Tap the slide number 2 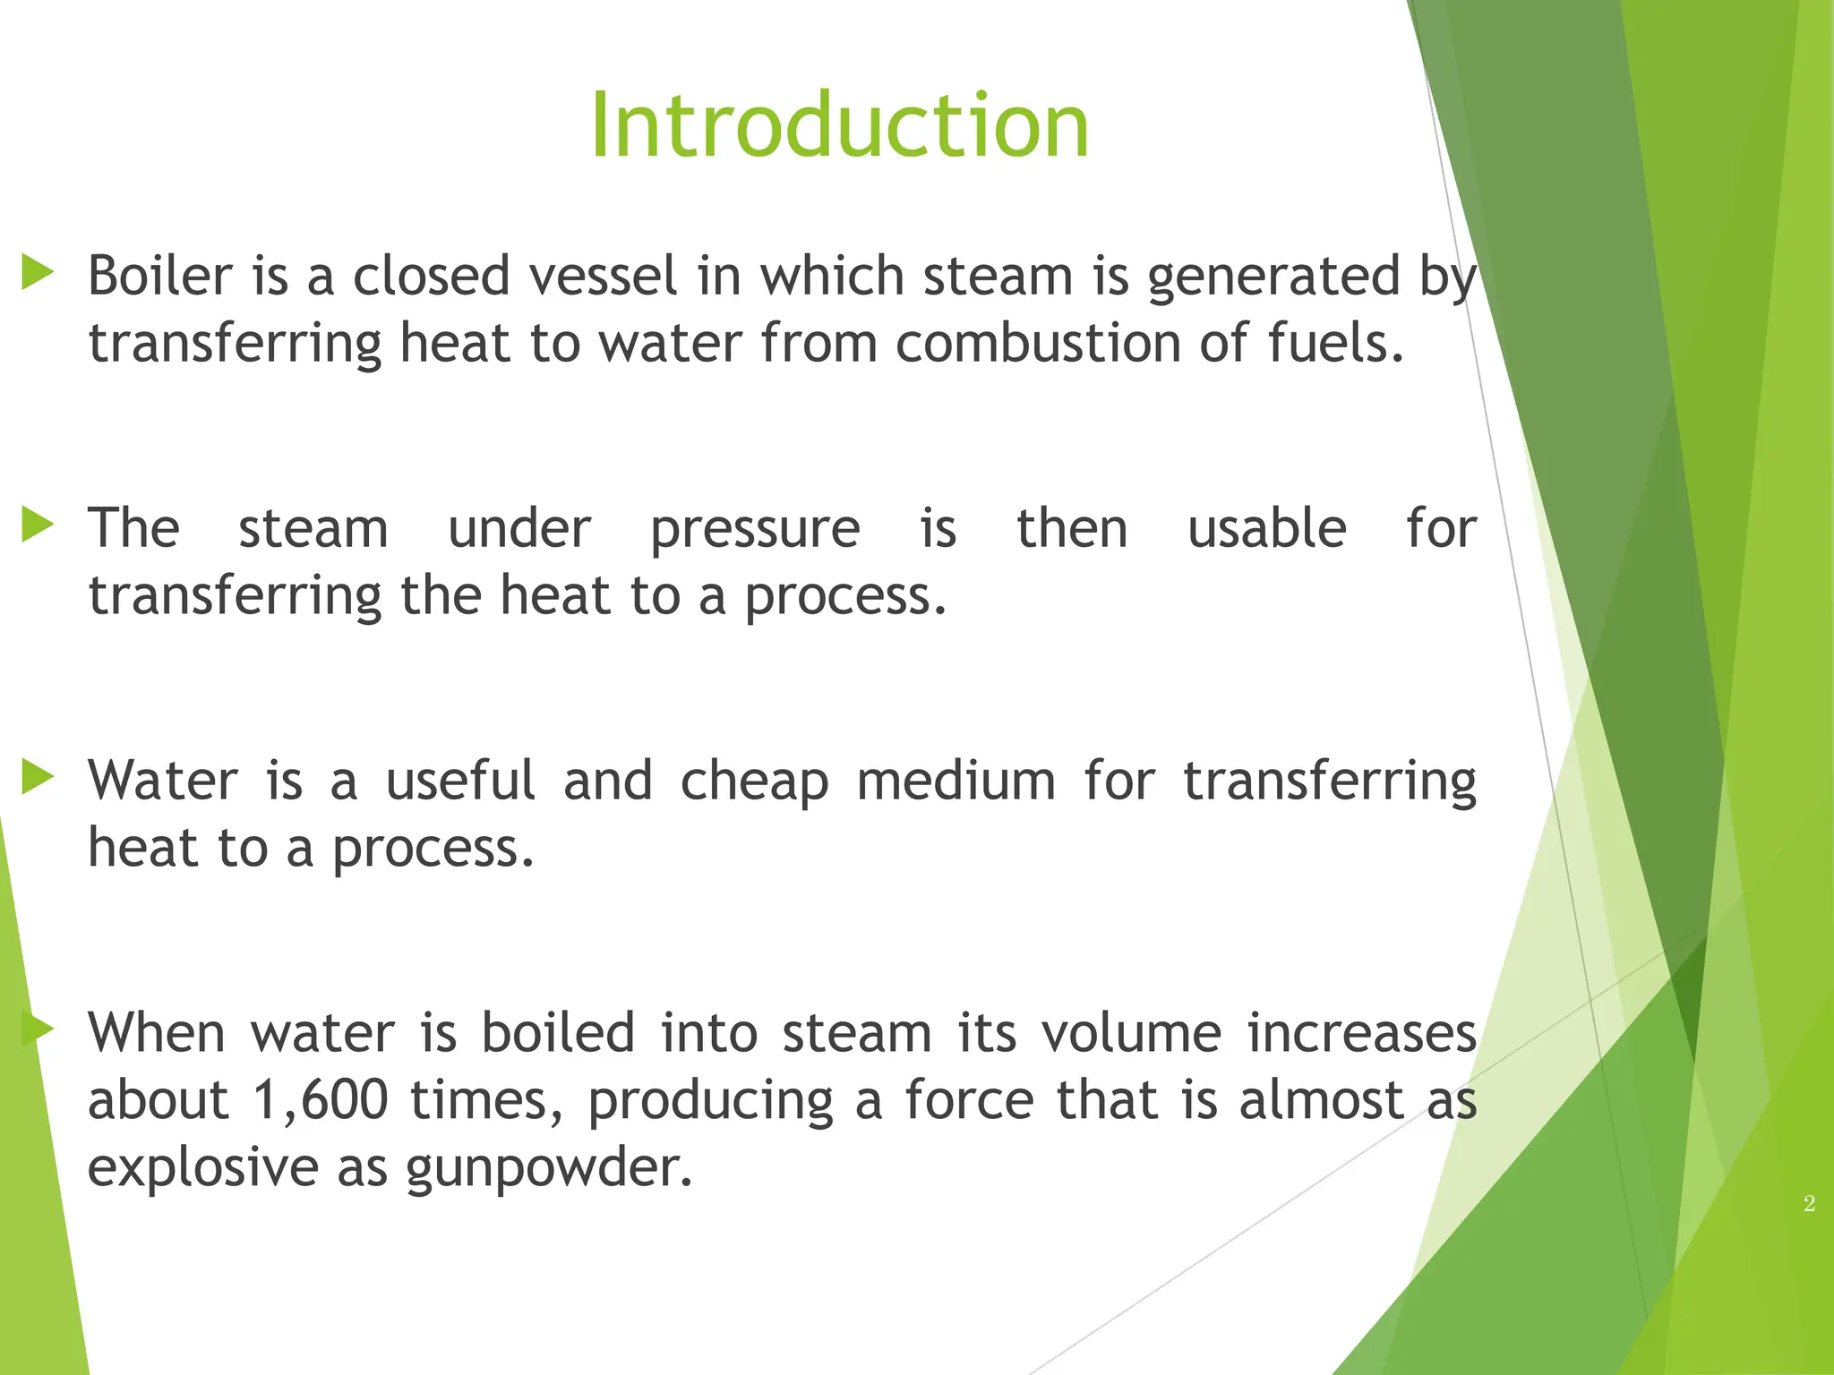click(1809, 1204)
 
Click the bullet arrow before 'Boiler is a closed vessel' click(38, 272)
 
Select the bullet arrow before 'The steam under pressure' click(38, 525)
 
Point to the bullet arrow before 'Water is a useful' click(38, 777)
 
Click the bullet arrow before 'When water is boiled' click(38, 1029)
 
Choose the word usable click(1266, 527)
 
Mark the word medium click(956, 781)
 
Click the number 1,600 click(320, 1100)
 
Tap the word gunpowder click(549, 1169)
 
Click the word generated click(1273, 277)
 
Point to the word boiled click(558, 1033)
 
